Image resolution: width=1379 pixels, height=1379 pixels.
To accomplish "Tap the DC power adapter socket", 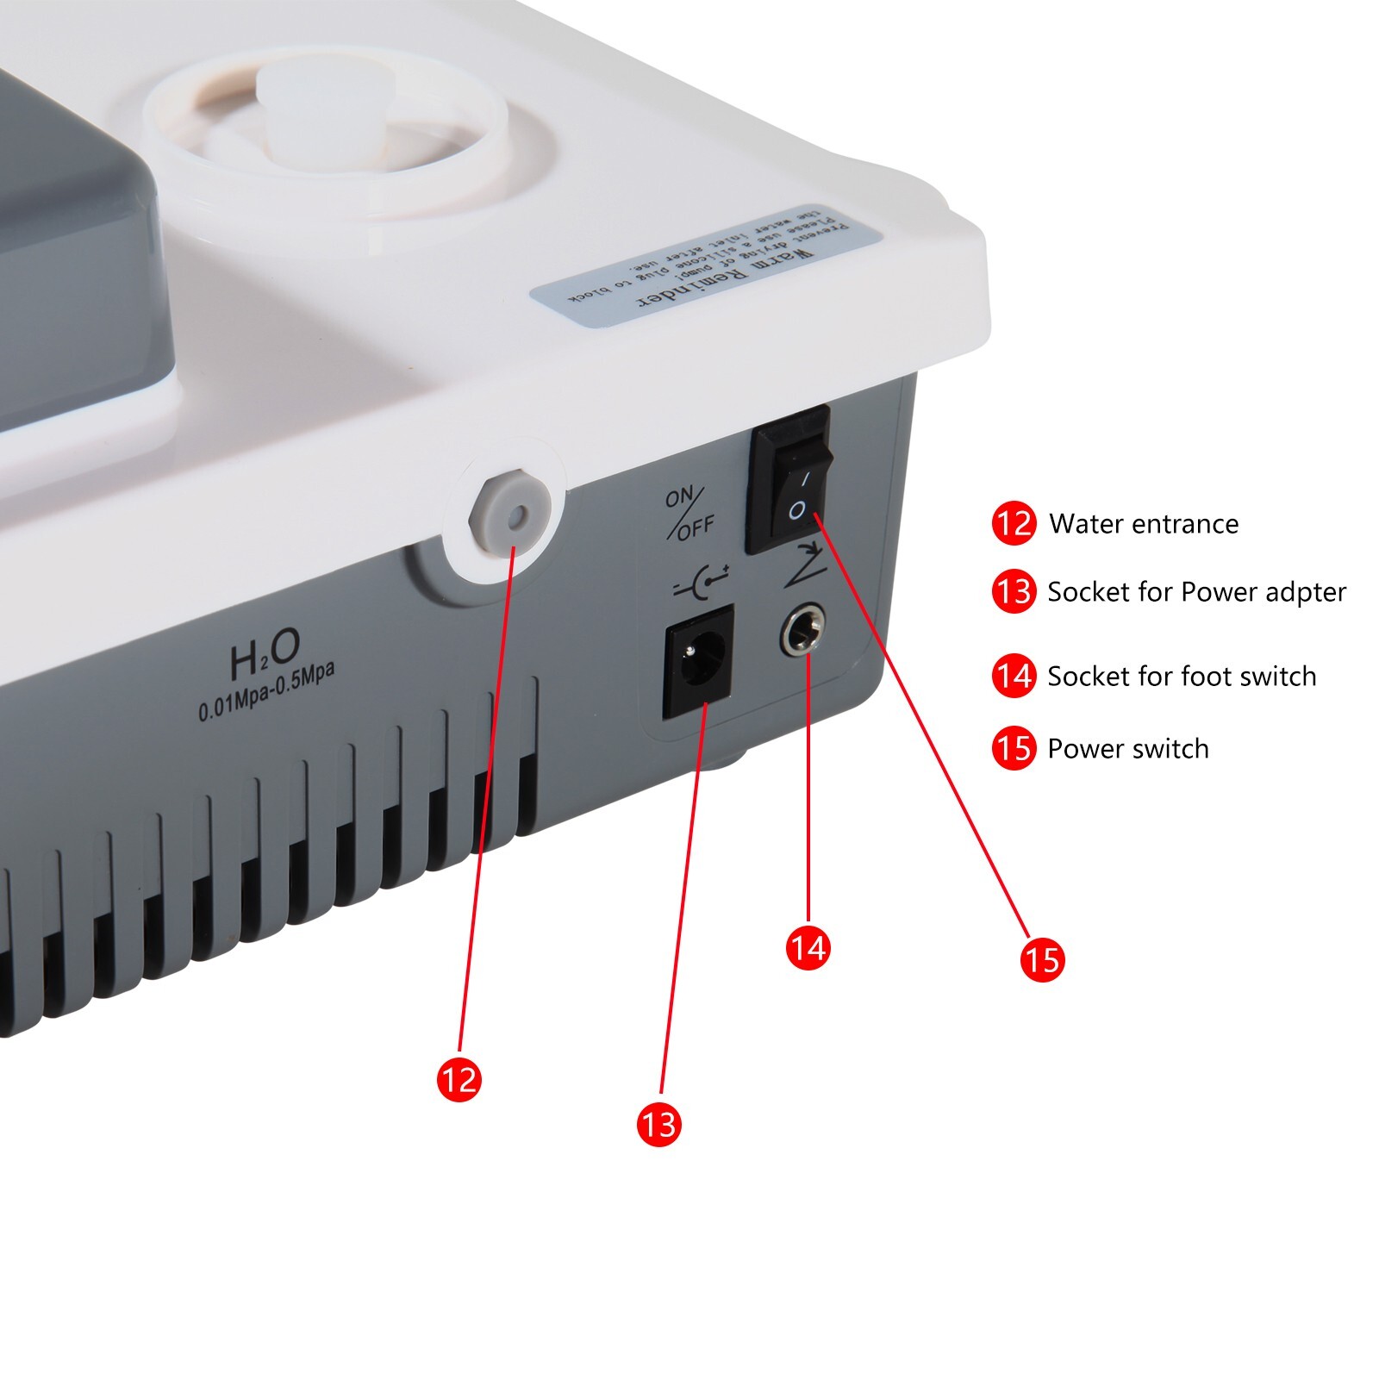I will point(698,662).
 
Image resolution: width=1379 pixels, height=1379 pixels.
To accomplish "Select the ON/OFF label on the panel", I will point(689,513).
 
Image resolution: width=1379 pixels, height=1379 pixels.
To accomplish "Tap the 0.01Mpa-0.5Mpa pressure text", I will point(266,692).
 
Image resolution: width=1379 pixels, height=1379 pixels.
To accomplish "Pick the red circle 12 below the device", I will point(459,1079).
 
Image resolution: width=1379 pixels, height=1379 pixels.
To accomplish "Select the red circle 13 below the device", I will point(658,1124).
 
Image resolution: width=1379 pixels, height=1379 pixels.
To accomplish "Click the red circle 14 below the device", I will point(808,947).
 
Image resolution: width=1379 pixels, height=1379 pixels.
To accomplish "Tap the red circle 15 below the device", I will point(1042,959).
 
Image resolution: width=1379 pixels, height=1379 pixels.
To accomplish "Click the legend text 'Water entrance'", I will point(1144,524).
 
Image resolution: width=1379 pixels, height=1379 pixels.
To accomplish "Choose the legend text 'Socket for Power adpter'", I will point(1196,592).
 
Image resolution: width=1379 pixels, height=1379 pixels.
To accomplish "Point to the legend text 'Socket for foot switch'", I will point(1182,677).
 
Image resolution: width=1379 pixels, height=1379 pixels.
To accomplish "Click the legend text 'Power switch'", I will point(1127,749).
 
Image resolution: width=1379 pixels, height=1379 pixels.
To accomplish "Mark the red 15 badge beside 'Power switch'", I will point(1014,748).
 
